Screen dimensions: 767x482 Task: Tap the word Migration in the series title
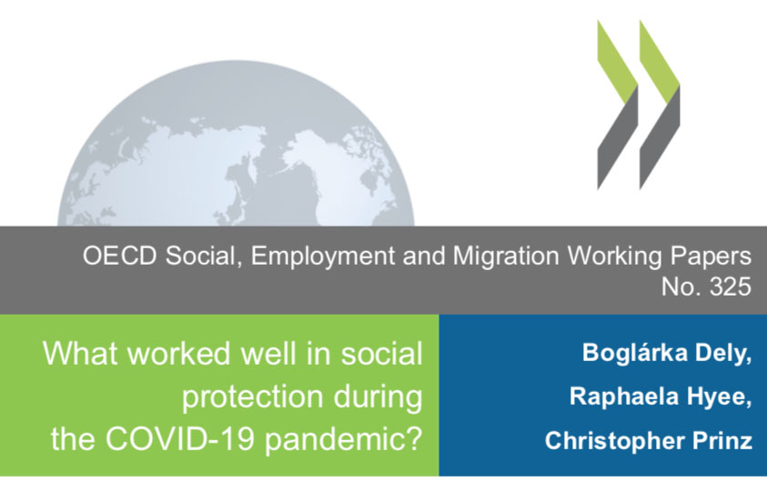tap(506, 256)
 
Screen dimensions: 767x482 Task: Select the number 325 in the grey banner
tap(731, 286)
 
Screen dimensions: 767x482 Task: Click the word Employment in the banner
tap(323, 256)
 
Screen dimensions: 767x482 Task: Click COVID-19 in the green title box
tap(180, 438)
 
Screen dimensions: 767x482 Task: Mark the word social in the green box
tap(381, 353)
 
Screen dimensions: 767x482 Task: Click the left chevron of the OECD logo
tap(618, 105)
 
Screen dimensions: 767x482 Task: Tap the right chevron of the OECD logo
tap(660, 105)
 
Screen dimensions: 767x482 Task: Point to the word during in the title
tap(378, 397)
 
